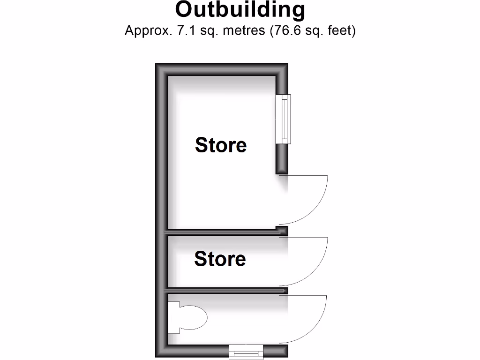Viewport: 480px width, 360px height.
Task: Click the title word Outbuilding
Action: coord(240,9)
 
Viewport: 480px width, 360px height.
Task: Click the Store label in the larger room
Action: coord(221,145)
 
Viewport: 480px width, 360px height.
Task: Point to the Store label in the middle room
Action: coord(220,259)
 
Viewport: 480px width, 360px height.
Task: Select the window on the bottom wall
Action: coord(246,352)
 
